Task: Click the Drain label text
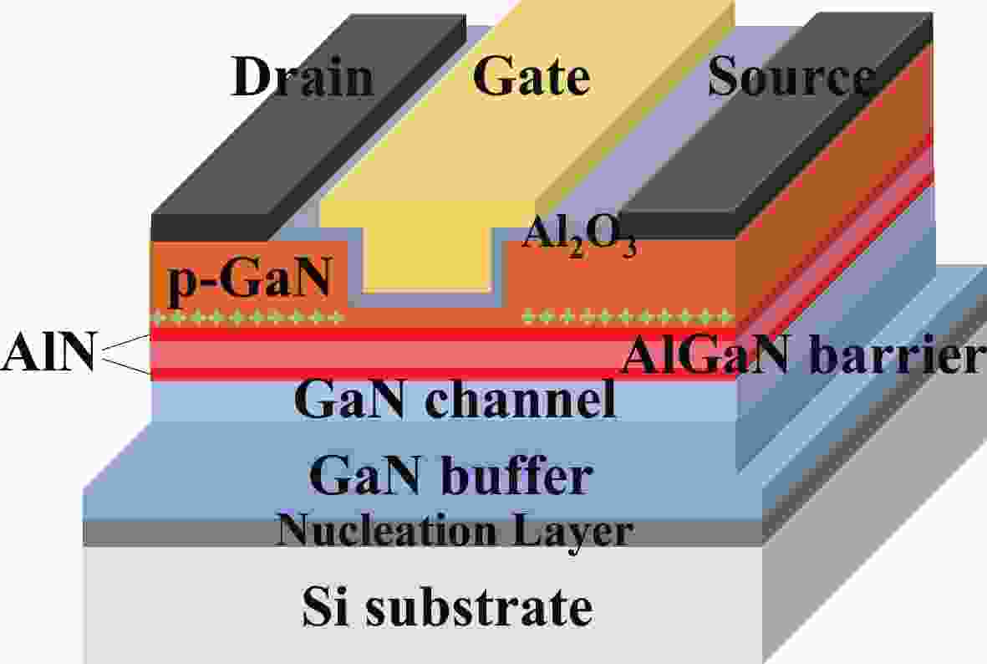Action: [303, 77]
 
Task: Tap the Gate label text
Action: [532, 75]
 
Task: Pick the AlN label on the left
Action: [48, 351]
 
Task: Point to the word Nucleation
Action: [386, 530]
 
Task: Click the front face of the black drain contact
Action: [211, 227]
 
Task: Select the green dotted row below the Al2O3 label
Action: [628, 316]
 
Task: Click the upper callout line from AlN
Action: [126, 343]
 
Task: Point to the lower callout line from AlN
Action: [126, 367]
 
